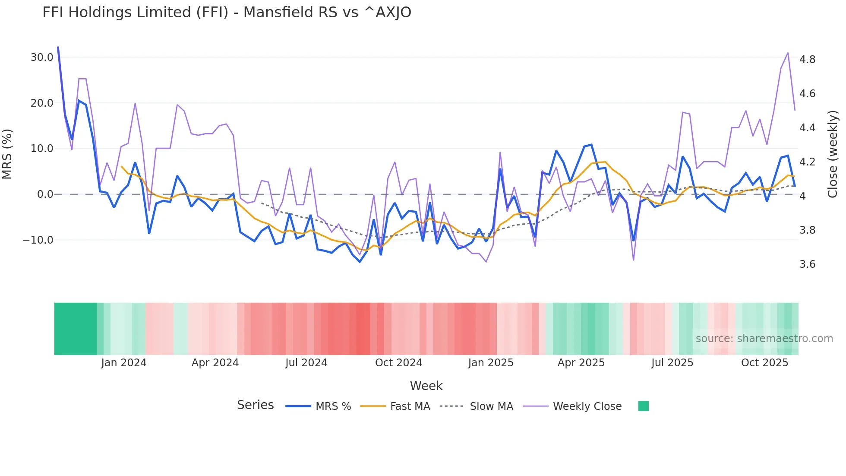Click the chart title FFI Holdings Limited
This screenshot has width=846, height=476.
click(227, 12)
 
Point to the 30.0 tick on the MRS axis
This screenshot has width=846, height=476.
click(42, 57)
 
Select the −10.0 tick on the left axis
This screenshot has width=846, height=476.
click(38, 240)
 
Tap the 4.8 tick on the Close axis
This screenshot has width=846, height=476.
click(807, 60)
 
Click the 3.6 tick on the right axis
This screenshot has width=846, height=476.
click(807, 264)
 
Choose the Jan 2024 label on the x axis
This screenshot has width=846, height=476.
click(124, 363)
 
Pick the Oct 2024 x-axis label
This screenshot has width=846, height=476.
click(398, 363)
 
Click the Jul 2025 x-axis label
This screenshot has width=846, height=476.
click(672, 363)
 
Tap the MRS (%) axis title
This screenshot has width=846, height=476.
click(7, 154)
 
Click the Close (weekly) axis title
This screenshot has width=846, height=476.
click(833, 154)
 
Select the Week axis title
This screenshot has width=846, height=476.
click(426, 386)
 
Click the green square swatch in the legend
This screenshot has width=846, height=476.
click(643, 406)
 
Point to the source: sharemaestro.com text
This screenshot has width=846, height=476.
click(764, 339)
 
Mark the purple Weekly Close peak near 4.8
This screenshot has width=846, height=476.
click(788, 53)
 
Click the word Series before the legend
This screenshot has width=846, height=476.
click(255, 405)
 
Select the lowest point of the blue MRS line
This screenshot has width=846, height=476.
click(360, 262)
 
